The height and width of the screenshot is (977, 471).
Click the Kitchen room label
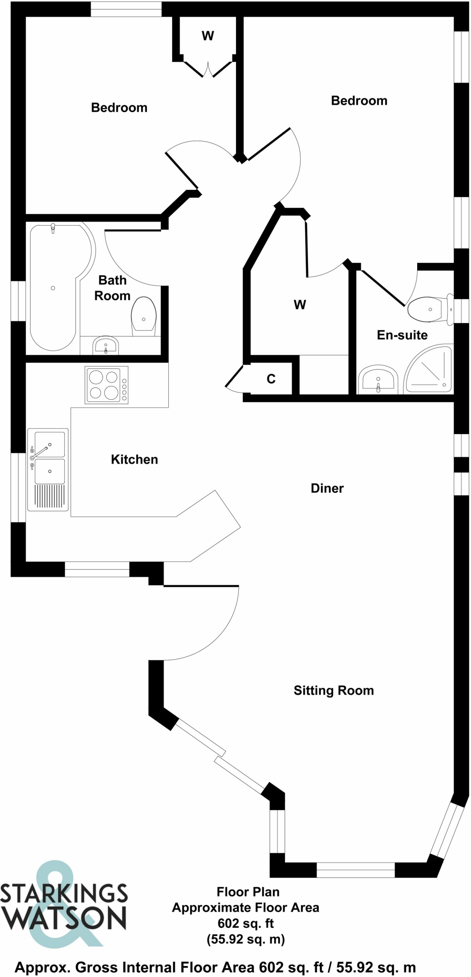pyautogui.click(x=134, y=459)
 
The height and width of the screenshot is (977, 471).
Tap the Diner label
pyautogui.click(x=327, y=488)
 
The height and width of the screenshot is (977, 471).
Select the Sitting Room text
pyautogui.click(x=333, y=690)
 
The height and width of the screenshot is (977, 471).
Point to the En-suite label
pyautogui.click(x=402, y=335)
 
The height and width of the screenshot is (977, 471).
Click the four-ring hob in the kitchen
pyautogui.click(x=106, y=385)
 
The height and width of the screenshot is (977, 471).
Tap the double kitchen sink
pyautogui.click(x=48, y=458)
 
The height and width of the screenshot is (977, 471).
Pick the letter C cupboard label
pyautogui.click(x=271, y=379)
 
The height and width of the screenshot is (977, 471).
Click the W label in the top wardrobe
pyautogui.click(x=208, y=36)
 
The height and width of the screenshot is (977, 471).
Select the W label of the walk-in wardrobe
pyautogui.click(x=299, y=304)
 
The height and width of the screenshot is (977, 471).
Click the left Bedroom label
pyautogui.click(x=119, y=108)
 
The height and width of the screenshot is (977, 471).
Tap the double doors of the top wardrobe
pyautogui.click(x=208, y=69)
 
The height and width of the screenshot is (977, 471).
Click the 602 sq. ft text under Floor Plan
pyautogui.click(x=246, y=923)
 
